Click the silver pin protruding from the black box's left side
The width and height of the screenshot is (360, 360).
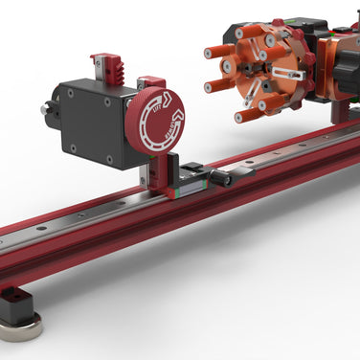45,110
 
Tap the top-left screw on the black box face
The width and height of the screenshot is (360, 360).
69,93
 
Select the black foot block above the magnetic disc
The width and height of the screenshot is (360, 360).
16,304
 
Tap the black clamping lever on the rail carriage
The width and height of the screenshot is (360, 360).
226,175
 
